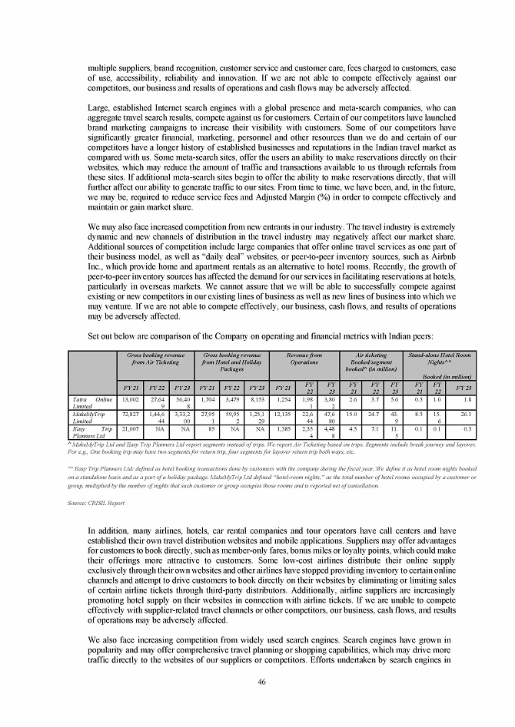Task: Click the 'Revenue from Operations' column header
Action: [x=304, y=359]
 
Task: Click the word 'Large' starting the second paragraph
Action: [x=98, y=107]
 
